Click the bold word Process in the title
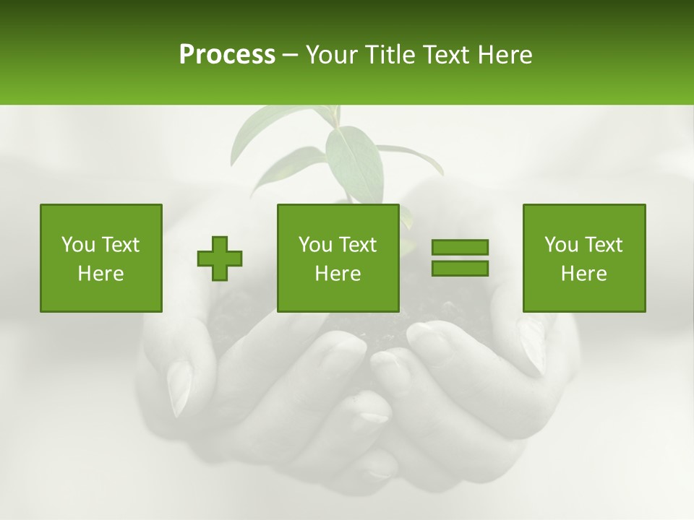coord(227,55)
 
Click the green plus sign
coord(220,259)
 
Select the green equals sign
coord(460,258)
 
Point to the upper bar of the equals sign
coord(460,247)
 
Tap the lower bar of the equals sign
coord(460,269)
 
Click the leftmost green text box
coord(101,258)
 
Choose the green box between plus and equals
coord(338,258)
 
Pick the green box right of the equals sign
coord(583,258)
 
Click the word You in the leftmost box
coord(78,245)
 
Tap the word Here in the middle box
coord(338,274)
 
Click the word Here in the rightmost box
coord(583,274)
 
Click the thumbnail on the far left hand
coord(179,386)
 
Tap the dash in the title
coord(290,55)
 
